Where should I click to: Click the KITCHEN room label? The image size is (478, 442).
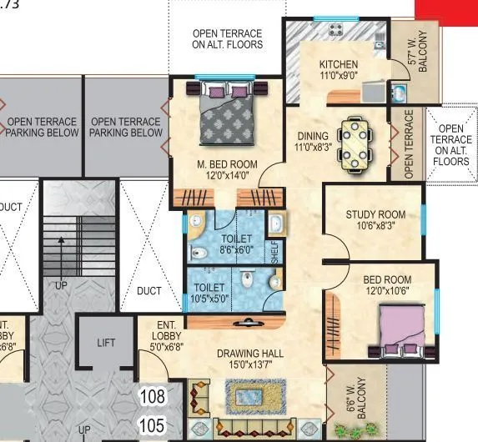pyautogui.click(x=339, y=64)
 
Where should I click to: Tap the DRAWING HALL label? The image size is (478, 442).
pyautogui.click(x=249, y=354)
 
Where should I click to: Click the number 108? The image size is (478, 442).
pyautogui.click(x=152, y=395)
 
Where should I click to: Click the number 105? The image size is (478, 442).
pyautogui.click(x=152, y=426)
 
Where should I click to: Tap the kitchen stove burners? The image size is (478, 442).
pyautogui.click(x=337, y=30)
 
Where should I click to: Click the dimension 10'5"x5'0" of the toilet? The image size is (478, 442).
pyautogui.click(x=208, y=298)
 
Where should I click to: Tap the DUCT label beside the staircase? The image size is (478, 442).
pyautogui.click(x=149, y=291)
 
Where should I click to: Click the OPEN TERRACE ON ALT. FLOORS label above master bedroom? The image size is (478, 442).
pyautogui.click(x=227, y=39)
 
